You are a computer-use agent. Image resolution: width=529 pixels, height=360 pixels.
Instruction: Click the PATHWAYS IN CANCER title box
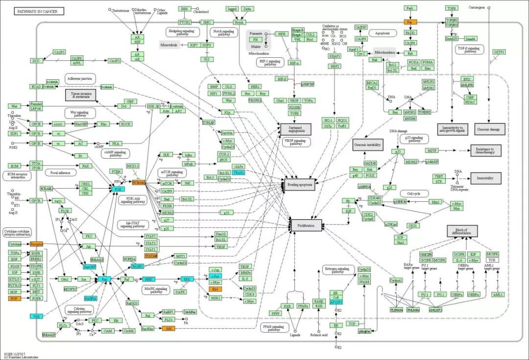(40, 11)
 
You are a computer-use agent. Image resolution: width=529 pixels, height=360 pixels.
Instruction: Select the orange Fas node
(409, 22)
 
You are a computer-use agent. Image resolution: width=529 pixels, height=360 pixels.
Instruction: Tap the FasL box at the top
(409, 8)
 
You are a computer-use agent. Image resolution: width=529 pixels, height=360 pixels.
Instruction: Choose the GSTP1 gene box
(499, 52)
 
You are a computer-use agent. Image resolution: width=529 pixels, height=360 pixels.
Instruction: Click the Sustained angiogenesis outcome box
(295, 129)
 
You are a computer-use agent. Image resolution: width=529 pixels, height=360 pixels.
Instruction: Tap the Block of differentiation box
(462, 231)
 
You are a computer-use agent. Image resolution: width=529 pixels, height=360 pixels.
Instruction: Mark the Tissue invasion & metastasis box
(80, 95)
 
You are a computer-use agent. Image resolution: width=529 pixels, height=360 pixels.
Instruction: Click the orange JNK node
(169, 328)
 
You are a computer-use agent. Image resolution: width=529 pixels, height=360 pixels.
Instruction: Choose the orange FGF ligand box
(14, 298)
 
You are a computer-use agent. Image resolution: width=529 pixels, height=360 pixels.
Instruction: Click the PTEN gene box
(116, 171)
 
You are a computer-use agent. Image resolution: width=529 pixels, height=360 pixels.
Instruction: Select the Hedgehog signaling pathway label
(182, 32)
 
